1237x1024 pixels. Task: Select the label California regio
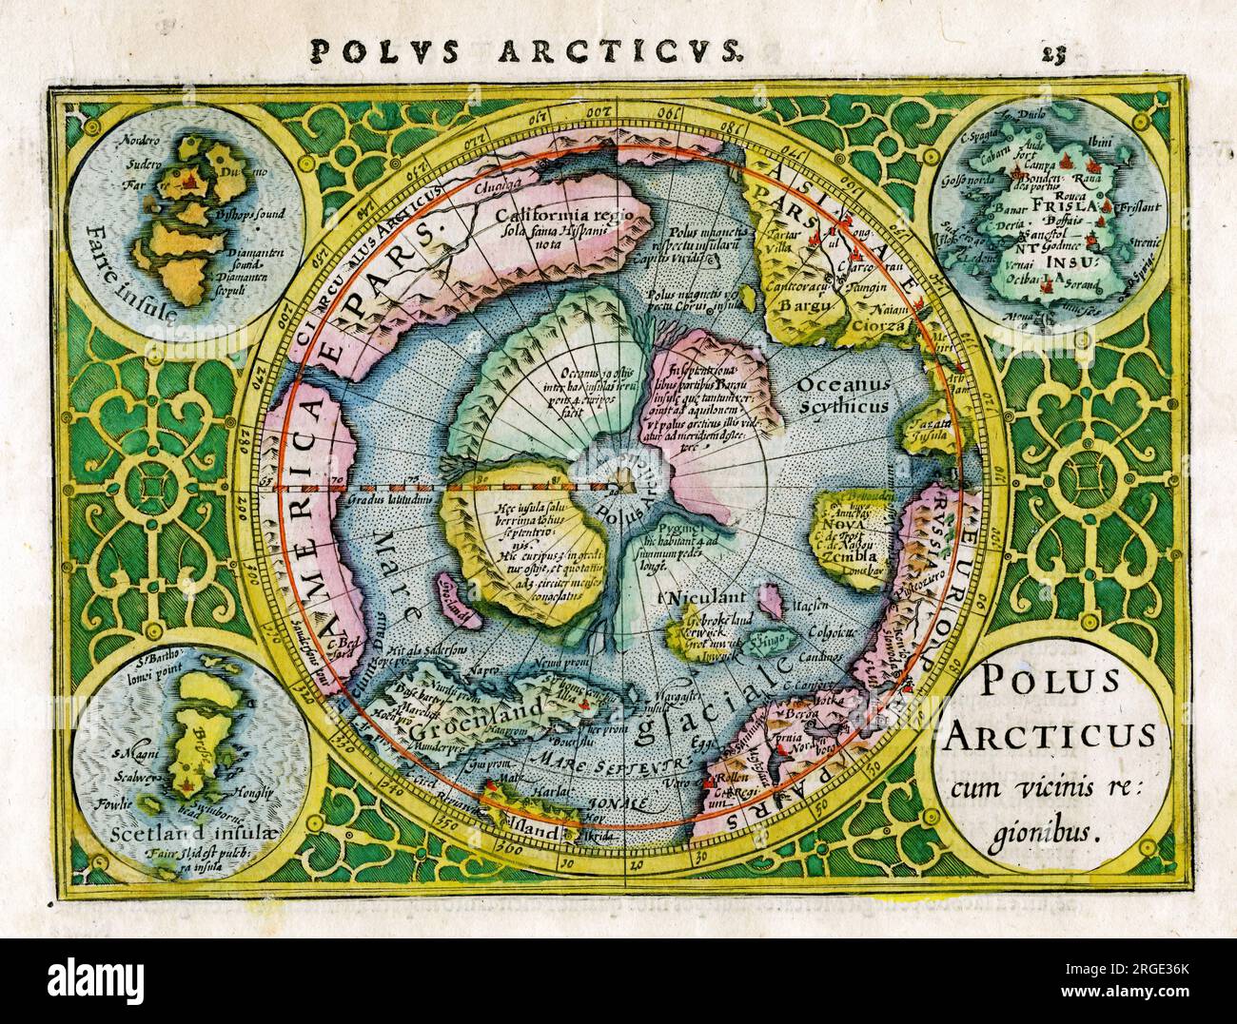point(563,211)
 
